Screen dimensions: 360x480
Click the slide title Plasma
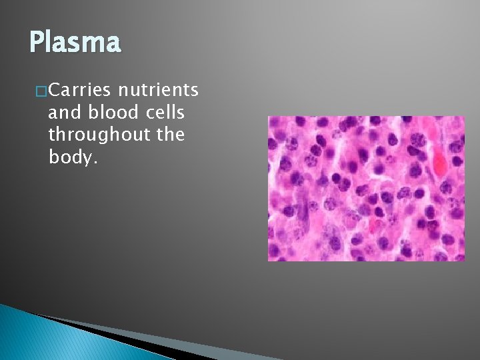coord(75,43)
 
